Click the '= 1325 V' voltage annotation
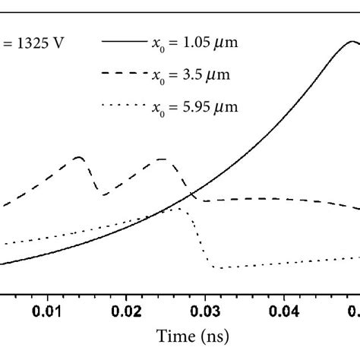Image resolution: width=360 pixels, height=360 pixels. [33, 43]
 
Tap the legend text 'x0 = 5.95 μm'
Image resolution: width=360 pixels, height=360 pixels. [196, 106]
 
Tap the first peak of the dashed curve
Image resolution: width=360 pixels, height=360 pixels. [79, 157]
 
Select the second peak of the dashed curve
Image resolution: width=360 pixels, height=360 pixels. [163, 159]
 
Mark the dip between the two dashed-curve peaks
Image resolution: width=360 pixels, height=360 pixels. [104, 195]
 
